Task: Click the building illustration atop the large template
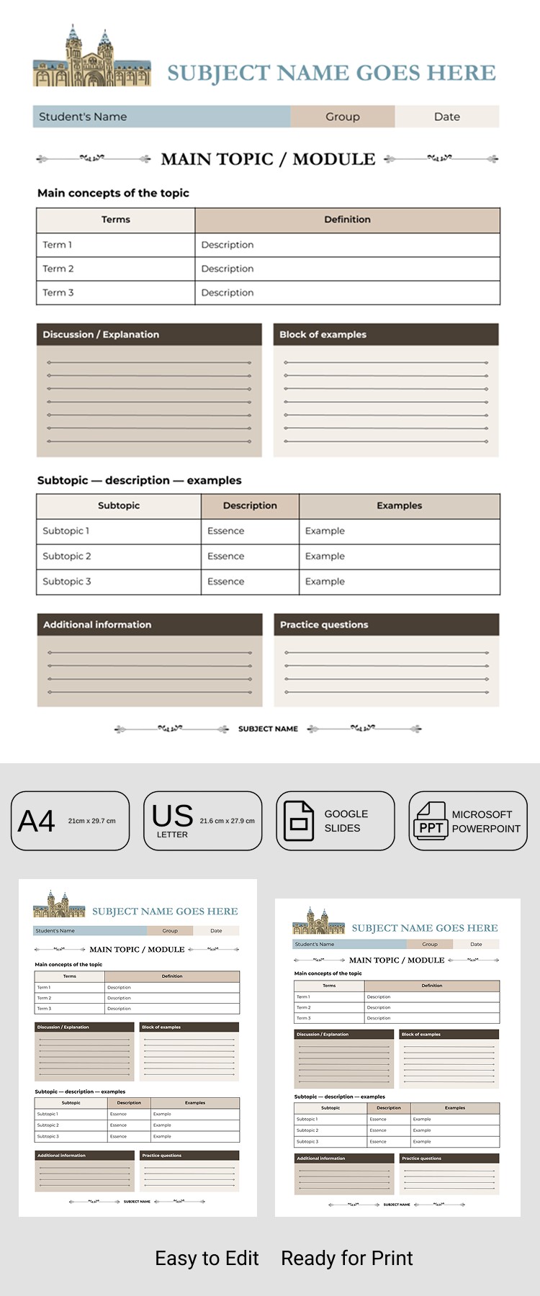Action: click(x=91, y=58)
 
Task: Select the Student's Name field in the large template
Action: click(x=83, y=117)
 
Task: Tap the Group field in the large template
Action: click(x=343, y=117)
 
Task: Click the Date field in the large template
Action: click(x=446, y=117)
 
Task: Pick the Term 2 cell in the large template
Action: click(x=58, y=269)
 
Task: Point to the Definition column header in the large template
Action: click(x=347, y=220)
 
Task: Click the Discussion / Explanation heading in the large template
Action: click(x=101, y=335)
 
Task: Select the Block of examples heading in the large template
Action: click(x=323, y=335)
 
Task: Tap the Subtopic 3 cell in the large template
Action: click(x=67, y=582)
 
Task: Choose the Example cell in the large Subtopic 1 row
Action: click(x=325, y=531)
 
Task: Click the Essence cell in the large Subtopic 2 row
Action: click(x=226, y=557)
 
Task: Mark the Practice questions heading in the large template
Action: click(x=324, y=625)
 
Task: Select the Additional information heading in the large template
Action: click(x=97, y=625)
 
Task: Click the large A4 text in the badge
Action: click(x=37, y=822)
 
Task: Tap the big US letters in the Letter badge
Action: click(x=173, y=816)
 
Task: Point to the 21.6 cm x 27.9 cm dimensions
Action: click(x=227, y=821)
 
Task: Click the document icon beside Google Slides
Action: click(x=299, y=821)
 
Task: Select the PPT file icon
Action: click(x=431, y=822)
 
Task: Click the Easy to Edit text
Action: click(x=207, y=1259)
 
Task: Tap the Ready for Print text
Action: click(x=346, y=1259)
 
